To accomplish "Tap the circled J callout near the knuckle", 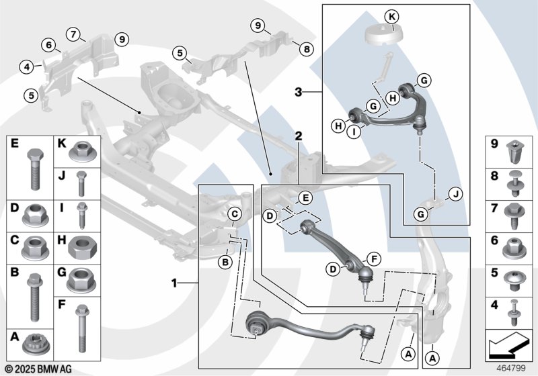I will point(456,195).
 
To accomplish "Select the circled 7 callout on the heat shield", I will point(73,33).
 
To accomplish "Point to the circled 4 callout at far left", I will point(26,66).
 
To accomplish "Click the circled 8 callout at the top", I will point(307,48).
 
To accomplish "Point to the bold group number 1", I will point(175,283).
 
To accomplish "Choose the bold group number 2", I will point(297,136).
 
